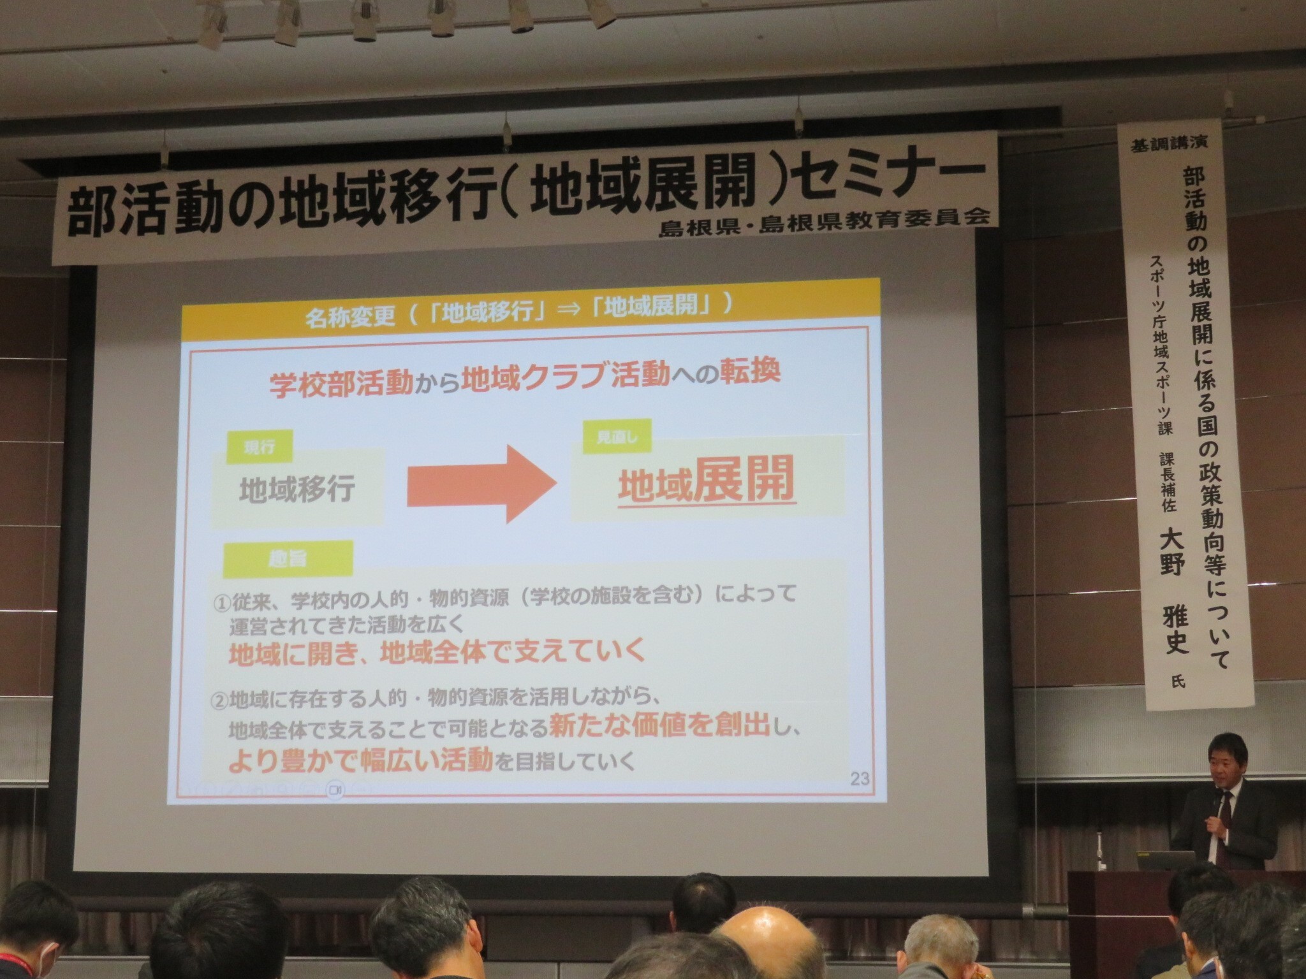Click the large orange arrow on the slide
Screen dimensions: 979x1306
(x=481, y=484)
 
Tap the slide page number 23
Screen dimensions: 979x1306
(x=860, y=779)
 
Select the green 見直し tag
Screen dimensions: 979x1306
(x=617, y=438)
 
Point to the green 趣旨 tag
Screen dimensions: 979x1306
(x=288, y=559)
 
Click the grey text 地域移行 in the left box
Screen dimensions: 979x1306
(x=297, y=489)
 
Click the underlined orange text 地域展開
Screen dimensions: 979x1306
(x=707, y=480)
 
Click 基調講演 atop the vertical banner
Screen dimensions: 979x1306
(x=1169, y=145)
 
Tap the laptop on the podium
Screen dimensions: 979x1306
(x=1166, y=860)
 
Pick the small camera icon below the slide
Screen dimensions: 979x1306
(x=335, y=789)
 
